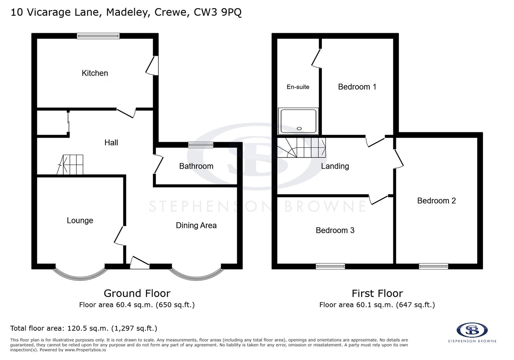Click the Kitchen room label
tap(95, 73)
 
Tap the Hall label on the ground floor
tap(111, 143)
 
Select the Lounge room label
tap(80, 220)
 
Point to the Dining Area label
tap(196, 225)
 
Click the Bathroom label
tap(196, 166)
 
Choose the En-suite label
tap(298, 87)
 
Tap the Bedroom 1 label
tap(357, 87)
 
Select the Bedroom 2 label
tap(436, 201)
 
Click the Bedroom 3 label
tap(335, 230)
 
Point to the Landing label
tap(335, 166)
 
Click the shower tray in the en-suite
tap(298, 121)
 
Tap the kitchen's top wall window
tap(98, 36)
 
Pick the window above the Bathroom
tap(201, 145)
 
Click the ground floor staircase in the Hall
tap(71, 165)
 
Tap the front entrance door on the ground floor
tap(139, 263)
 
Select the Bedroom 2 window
tap(433, 266)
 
